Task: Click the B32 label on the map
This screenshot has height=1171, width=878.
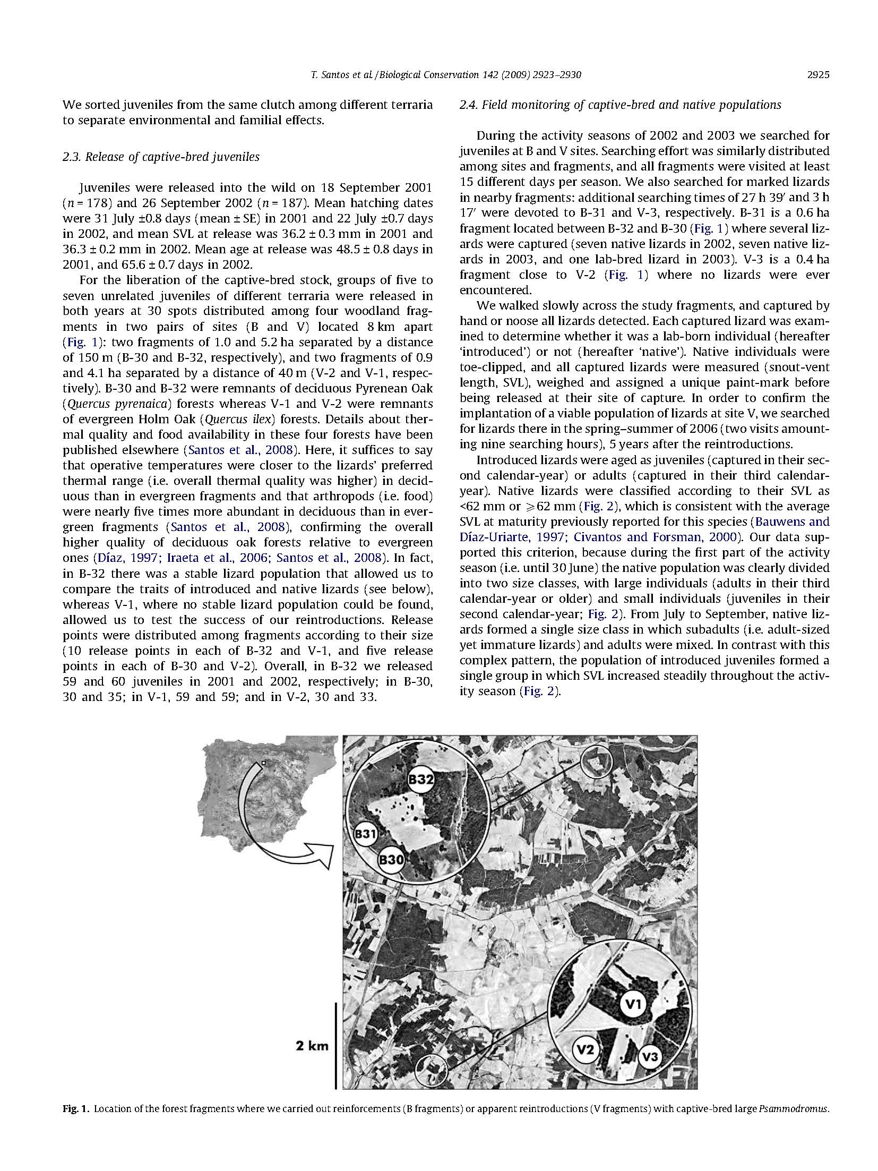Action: point(421,780)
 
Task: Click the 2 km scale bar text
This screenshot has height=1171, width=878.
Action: point(312,1046)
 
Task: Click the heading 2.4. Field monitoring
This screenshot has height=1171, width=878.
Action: point(619,105)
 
